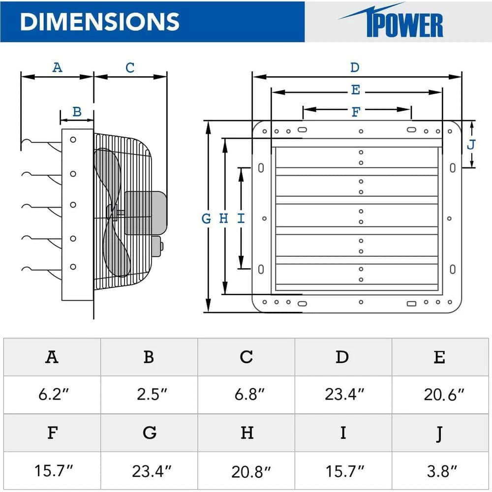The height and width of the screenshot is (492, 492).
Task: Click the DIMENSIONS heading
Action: [100, 22]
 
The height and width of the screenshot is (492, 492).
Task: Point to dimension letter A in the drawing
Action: [58, 67]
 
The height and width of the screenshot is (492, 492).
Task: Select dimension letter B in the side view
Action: [77, 112]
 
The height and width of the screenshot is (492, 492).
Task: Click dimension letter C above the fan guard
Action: [130, 67]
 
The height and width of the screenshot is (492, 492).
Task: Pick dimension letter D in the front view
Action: [355, 67]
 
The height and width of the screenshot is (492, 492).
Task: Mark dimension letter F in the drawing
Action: [356, 112]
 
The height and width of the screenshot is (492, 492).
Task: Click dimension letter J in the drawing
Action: [471, 145]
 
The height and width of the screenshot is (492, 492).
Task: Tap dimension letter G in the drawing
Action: [207, 218]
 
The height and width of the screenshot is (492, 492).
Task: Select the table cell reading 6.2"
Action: [52, 395]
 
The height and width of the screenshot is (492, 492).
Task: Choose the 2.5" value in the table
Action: [149, 395]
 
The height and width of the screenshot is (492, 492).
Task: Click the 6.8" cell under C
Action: [246, 395]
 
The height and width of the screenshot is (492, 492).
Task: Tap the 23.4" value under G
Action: [149, 470]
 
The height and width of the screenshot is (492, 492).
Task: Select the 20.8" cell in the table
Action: [246, 470]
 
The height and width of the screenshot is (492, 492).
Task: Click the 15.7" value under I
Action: [343, 470]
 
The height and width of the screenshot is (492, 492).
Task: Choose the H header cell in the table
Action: [246, 432]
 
